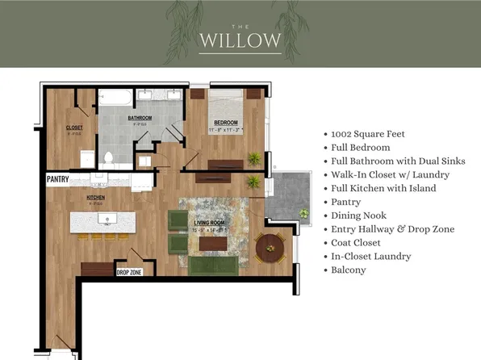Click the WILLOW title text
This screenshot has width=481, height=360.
(x=240, y=40)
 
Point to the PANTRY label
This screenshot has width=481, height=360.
(x=57, y=179)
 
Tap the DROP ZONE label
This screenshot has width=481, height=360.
(x=129, y=274)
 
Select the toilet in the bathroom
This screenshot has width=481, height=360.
(x=108, y=157)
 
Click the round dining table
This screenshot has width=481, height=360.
(x=270, y=245)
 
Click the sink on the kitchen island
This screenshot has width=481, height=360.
(x=111, y=218)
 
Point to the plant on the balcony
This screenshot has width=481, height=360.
(x=303, y=213)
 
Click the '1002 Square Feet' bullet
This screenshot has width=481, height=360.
(x=367, y=134)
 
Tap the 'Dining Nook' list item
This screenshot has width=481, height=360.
(x=358, y=216)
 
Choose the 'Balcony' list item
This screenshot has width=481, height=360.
(x=349, y=270)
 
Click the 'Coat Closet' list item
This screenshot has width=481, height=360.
(x=358, y=242)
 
